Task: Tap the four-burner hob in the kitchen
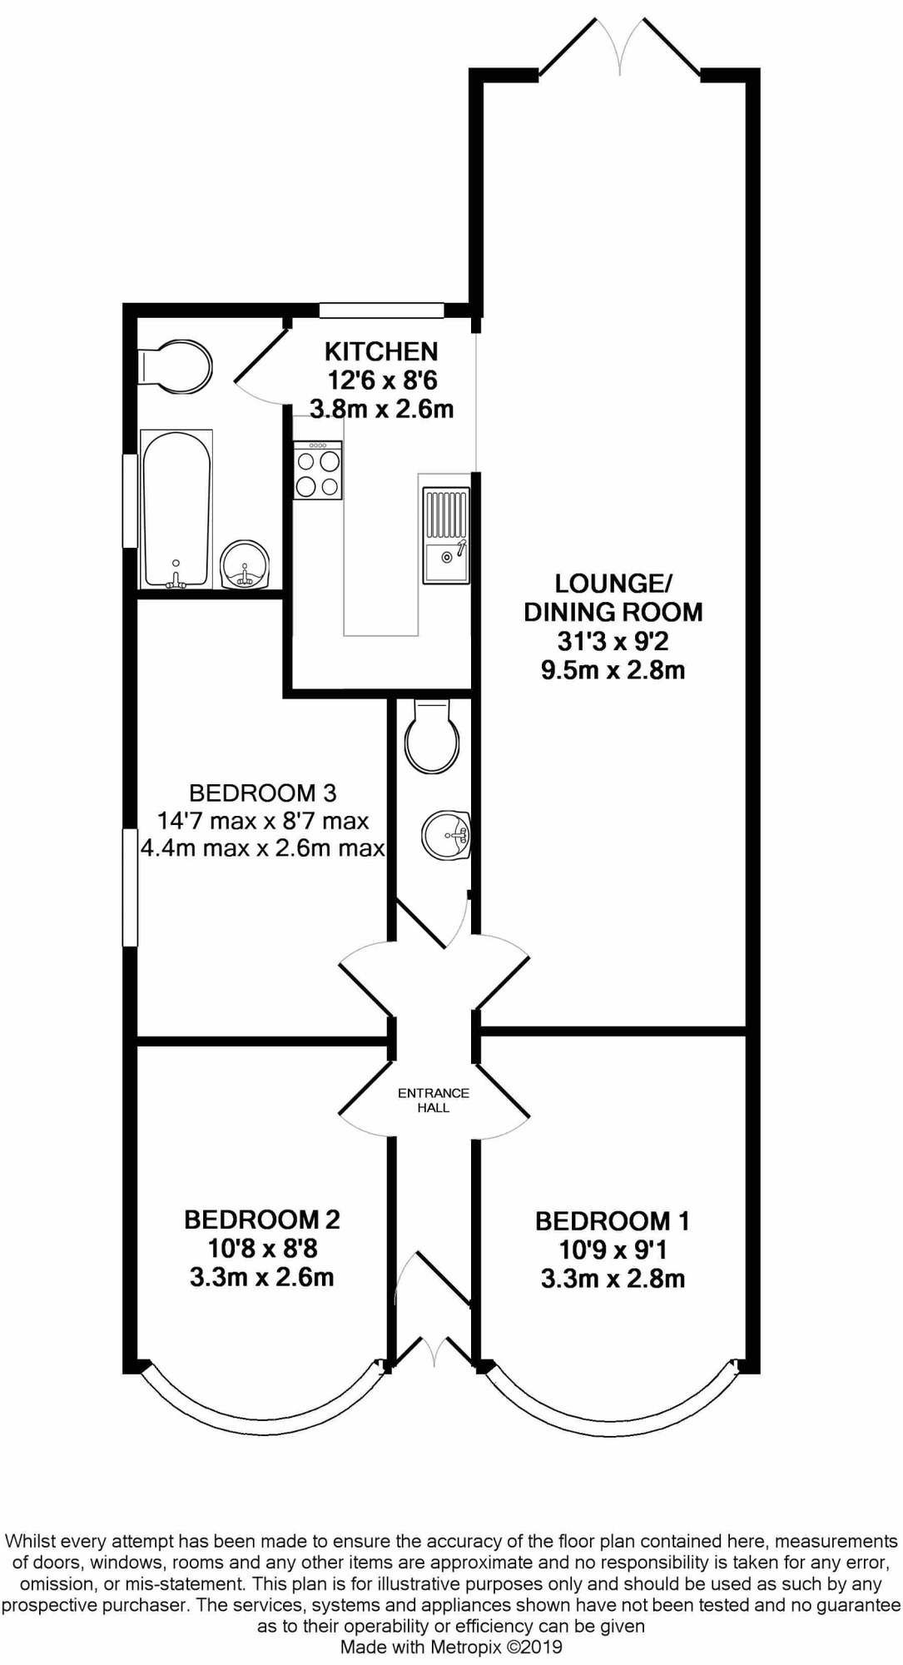(x=317, y=470)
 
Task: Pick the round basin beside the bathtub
(x=245, y=565)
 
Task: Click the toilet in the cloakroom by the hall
(x=431, y=737)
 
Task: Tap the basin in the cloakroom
(x=447, y=835)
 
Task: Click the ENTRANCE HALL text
(x=434, y=1100)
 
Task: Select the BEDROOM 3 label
(x=262, y=793)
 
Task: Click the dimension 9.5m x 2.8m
(x=613, y=670)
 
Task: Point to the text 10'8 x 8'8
(x=262, y=1248)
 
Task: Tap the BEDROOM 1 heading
(x=613, y=1221)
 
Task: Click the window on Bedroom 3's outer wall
(x=130, y=887)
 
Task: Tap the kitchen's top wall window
(x=381, y=310)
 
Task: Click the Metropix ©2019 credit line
(x=451, y=1647)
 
